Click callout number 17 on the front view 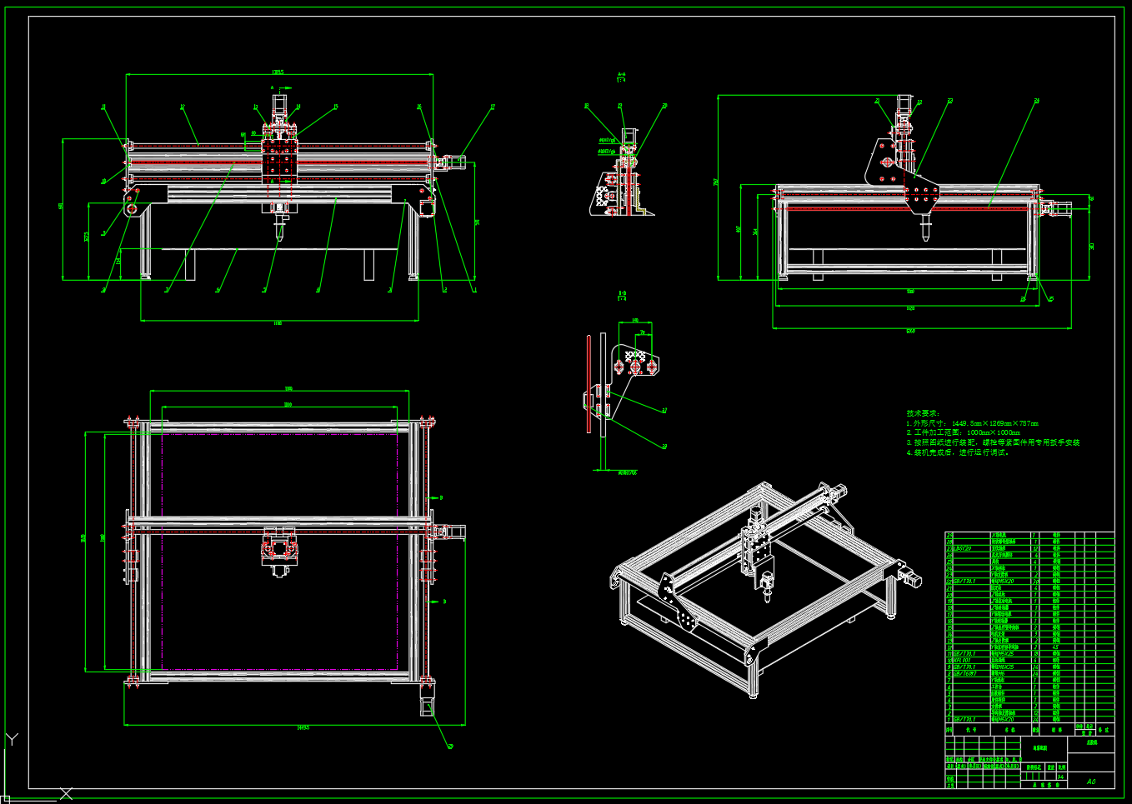click(493, 107)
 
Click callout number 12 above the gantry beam click(182, 107)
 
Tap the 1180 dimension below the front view click(278, 323)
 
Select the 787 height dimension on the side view click(715, 182)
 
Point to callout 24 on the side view click(1037, 101)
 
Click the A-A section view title click(622, 77)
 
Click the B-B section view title click(622, 295)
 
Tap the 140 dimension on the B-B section click(635, 320)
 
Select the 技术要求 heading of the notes click(923, 413)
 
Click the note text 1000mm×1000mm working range click(993, 433)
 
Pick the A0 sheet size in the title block click(1091, 782)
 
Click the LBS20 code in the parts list click(962, 548)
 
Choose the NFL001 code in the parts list click(960, 661)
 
